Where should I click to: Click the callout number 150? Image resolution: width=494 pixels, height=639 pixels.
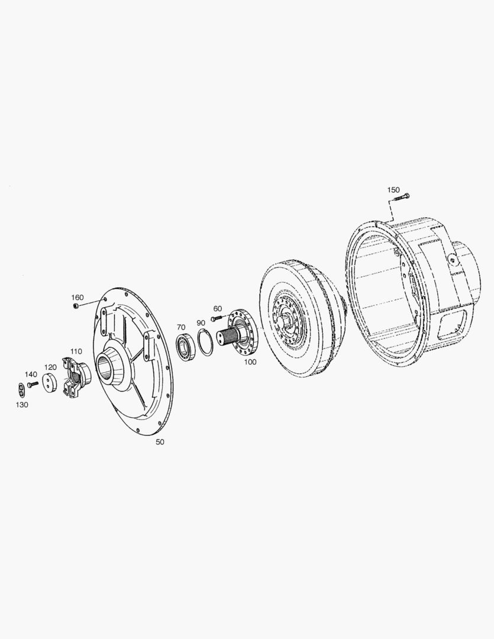(393, 190)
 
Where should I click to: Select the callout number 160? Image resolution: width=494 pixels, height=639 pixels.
(78, 298)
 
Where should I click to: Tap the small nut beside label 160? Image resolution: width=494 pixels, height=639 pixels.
(76, 306)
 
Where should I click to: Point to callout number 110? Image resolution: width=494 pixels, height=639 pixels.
(76, 351)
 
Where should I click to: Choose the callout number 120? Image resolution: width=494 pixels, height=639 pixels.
(50, 367)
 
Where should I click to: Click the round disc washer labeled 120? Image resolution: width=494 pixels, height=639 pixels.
(50, 382)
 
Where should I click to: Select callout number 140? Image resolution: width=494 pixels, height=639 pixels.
(31, 375)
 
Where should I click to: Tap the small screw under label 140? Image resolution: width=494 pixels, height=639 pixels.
(33, 385)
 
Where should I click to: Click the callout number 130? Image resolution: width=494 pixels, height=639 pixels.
(22, 404)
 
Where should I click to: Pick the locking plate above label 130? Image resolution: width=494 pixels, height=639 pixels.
(21, 389)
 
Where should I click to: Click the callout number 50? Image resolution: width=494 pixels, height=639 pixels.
(160, 442)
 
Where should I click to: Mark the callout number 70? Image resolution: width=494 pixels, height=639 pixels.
(181, 327)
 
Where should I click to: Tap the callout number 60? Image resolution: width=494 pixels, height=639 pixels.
(218, 309)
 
